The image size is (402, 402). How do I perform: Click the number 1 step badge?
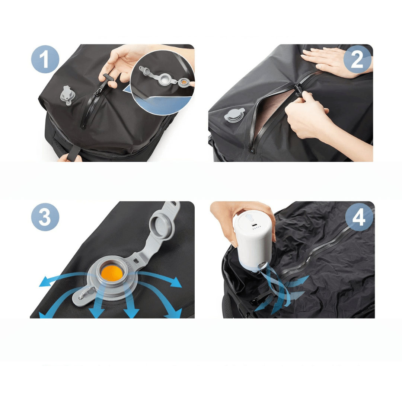(45, 59)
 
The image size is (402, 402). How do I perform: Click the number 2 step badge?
(357, 59)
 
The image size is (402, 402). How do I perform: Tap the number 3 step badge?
(45, 217)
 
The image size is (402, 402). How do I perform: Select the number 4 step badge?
(359, 217)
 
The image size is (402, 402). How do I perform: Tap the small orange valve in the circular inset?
(184, 82)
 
